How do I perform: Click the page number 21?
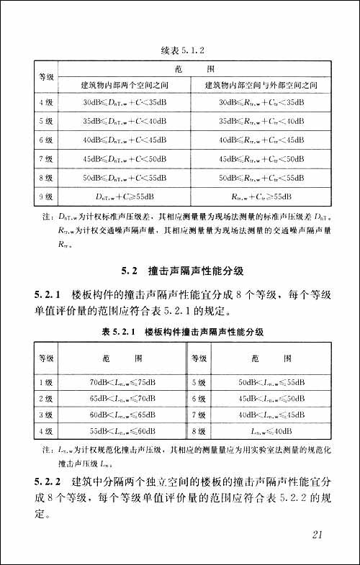[321, 535]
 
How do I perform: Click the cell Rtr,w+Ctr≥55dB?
[261, 196]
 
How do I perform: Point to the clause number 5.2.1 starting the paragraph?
[48, 295]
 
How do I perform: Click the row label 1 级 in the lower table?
[45, 381]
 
